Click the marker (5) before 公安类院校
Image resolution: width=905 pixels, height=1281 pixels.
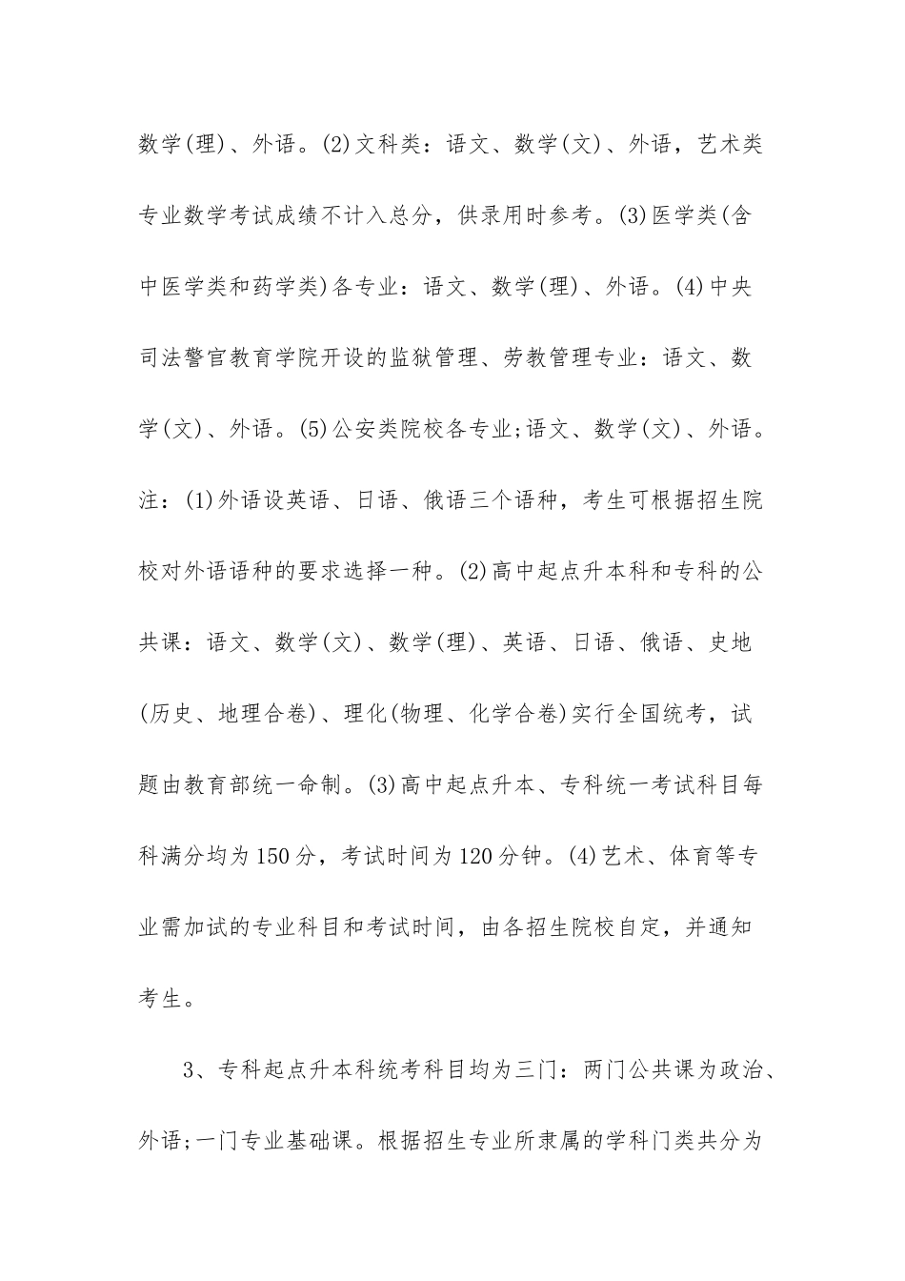point(313,430)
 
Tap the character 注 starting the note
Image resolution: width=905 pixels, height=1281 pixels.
point(151,500)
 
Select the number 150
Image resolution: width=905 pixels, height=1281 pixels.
point(274,856)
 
